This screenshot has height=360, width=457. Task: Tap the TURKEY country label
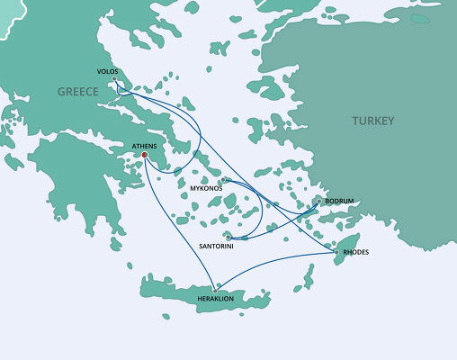point(372,121)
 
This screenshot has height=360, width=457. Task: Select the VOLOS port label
point(107,71)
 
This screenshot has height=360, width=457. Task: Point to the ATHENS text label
point(144,145)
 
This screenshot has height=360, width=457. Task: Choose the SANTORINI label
point(216,246)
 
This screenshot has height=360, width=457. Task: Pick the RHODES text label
point(356,252)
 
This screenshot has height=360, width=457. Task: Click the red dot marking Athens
point(144,155)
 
